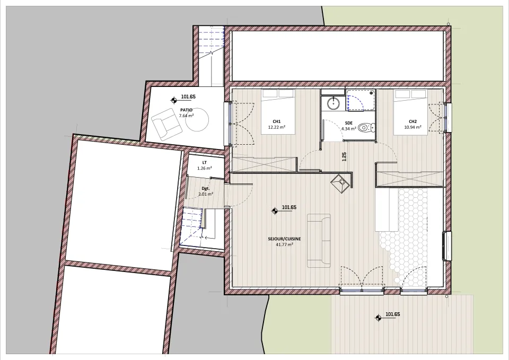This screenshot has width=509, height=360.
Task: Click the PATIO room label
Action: coord(186,110)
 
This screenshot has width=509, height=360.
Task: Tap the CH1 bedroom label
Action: coord(277,121)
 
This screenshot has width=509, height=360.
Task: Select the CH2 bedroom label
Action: coord(413,122)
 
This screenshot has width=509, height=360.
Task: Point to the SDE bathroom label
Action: coord(349,123)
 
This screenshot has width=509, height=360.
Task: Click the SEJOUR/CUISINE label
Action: coord(284,239)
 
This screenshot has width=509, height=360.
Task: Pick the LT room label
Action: coord(205,163)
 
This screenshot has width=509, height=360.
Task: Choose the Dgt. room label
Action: coord(206,188)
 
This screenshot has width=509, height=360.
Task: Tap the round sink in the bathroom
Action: coord(333,104)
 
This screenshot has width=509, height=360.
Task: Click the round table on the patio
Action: coord(197,119)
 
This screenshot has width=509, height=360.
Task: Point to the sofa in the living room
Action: coord(319,241)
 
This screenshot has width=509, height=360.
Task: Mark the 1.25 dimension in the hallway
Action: coord(344,156)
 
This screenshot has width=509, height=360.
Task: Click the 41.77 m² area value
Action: coord(284,244)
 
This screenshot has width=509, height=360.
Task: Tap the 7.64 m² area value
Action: coord(186,116)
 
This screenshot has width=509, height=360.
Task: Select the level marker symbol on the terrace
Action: coord(378,318)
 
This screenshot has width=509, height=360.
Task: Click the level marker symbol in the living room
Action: coord(275,211)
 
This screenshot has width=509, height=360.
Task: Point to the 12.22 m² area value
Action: coord(277,127)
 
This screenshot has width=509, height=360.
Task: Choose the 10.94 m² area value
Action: coord(413,127)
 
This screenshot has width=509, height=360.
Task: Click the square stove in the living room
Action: coord(341,183)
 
